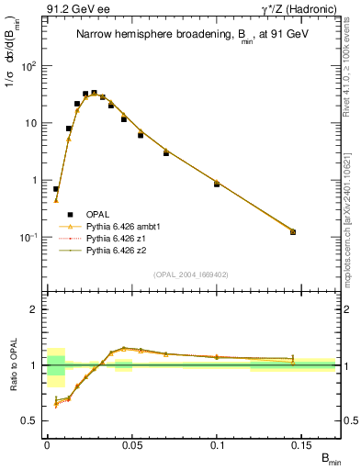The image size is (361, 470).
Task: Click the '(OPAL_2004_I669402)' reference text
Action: tap(190, 273)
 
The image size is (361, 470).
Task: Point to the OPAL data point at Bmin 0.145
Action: tap(293, 232)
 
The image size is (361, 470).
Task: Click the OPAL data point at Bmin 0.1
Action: tap(217, 185)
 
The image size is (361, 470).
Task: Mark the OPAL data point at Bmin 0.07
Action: tap(166, 152)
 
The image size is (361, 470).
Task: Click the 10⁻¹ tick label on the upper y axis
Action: tap(30, 237)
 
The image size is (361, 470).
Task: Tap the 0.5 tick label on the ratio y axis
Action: tap(34, 420)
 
